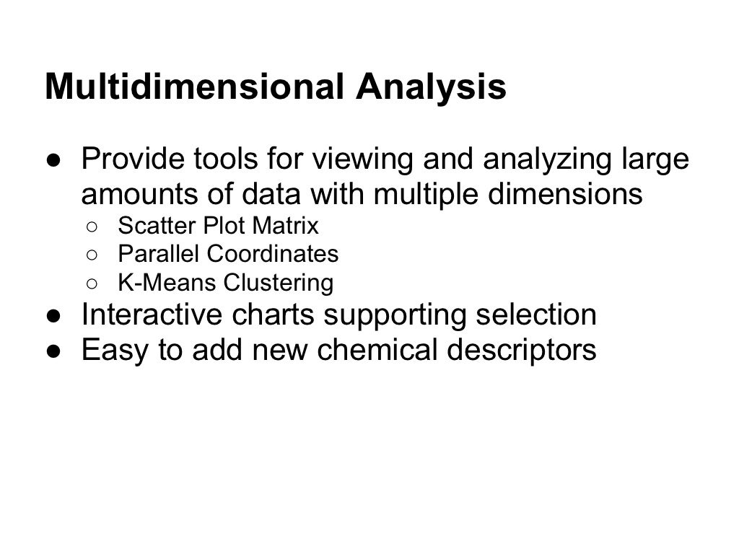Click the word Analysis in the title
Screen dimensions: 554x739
(x=430, y=87)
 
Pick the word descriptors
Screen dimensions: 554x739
(x=533, y=350)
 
